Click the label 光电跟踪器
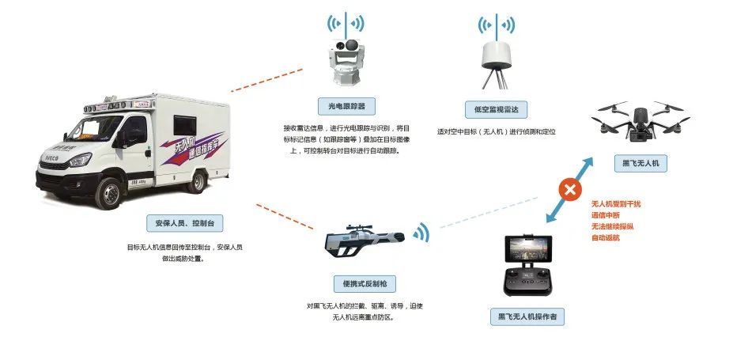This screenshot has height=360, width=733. [x=346, y=105]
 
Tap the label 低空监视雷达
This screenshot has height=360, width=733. [x=497, y=109]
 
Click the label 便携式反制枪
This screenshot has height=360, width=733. [x=365, y=283]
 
